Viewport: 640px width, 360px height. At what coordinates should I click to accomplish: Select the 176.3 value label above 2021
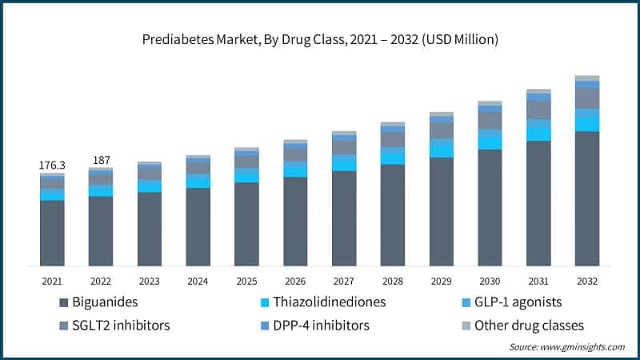[x=52, y=166]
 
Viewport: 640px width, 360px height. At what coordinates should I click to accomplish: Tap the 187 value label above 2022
[x=101, y=161]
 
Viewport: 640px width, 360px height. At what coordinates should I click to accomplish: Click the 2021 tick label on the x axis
[x=52, y=281]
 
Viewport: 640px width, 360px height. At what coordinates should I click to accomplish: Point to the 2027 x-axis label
[x=344, y=281]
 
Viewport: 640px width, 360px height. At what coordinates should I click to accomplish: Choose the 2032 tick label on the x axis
[x=587, y=281]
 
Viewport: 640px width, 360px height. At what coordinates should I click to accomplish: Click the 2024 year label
[x=198, y=281]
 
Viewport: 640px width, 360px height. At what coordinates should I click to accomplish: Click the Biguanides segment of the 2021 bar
[x=52, y=233]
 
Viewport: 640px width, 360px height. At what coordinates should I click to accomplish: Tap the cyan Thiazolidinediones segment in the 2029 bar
[x=441, y=148]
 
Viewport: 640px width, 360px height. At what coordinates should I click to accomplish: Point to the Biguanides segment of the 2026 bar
[x=295, y=221]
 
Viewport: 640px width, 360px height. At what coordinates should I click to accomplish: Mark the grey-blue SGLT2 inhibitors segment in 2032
[x=587, y=98]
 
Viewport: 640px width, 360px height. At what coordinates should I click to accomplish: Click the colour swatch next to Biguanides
[x=64, y=303]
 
